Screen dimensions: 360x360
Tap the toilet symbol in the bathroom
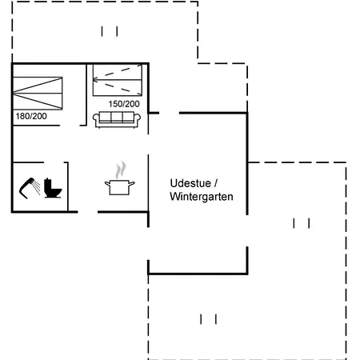tap(53, 188)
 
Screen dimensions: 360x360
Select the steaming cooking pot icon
tap(120, 178)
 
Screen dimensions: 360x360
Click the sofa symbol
tap(117, 119)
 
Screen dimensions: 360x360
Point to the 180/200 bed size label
tap(31, 116)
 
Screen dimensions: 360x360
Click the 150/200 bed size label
tap(124, 104)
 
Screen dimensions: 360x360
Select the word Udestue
tap(190, 183)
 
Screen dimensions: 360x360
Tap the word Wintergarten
tap(202, 197)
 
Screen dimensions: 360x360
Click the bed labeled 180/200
tap(38, 94)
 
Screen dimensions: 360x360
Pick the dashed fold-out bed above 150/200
tap(118, 80)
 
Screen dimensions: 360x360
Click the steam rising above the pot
tap(121, 170)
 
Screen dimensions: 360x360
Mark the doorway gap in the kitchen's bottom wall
tap(88, 212)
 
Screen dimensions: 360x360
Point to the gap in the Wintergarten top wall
tap(169, 113)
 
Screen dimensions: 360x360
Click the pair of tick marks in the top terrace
tap(110, 31)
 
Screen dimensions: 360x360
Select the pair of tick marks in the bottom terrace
tap(209, 319)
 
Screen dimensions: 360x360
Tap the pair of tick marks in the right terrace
tap(302, 223)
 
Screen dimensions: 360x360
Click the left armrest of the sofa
tap(96, 118)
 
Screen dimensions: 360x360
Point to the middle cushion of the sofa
tap(117, 117)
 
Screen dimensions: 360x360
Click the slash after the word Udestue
tap(216, 183)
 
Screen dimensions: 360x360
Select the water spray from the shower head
tap(37, 187)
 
